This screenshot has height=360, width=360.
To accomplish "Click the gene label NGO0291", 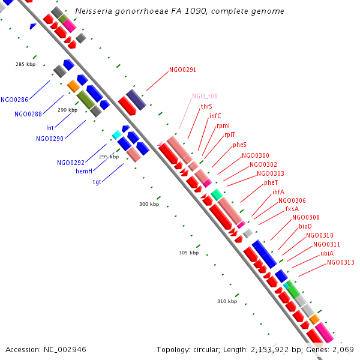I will coord(182,70).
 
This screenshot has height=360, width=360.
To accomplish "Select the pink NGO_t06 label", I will coord(205,96).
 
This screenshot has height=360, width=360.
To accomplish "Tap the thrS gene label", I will coord(206,106).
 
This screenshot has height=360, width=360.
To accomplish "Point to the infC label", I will coord(215,116).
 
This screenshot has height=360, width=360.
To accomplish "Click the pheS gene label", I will coord(239,145).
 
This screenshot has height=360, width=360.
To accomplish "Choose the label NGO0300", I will coord(256,155).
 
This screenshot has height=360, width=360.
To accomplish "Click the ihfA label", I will coord(278,192).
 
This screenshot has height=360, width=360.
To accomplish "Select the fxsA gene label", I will coord(292,209).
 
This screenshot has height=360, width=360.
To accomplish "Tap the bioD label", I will coord(305,226).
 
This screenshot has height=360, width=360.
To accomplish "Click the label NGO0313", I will coord(340,262).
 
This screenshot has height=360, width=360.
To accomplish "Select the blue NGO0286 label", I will coord(14,100).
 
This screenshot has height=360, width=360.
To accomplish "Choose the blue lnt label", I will coord(50,128).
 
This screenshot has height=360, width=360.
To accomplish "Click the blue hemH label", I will coord(84,172).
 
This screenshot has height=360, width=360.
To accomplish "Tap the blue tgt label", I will coord(97,182).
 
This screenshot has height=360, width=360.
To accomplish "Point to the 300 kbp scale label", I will coord(149,205).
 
